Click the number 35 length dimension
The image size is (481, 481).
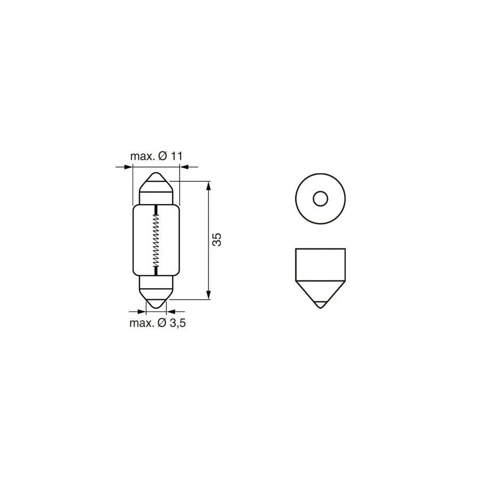point(217,239)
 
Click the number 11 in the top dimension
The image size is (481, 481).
point(176,156)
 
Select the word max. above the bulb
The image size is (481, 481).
point(143,157)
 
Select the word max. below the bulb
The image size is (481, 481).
point(142,324)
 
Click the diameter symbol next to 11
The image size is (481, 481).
point(162,156)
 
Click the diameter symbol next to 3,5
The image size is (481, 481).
point(162,323)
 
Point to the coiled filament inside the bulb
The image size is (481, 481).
point(156,239)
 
